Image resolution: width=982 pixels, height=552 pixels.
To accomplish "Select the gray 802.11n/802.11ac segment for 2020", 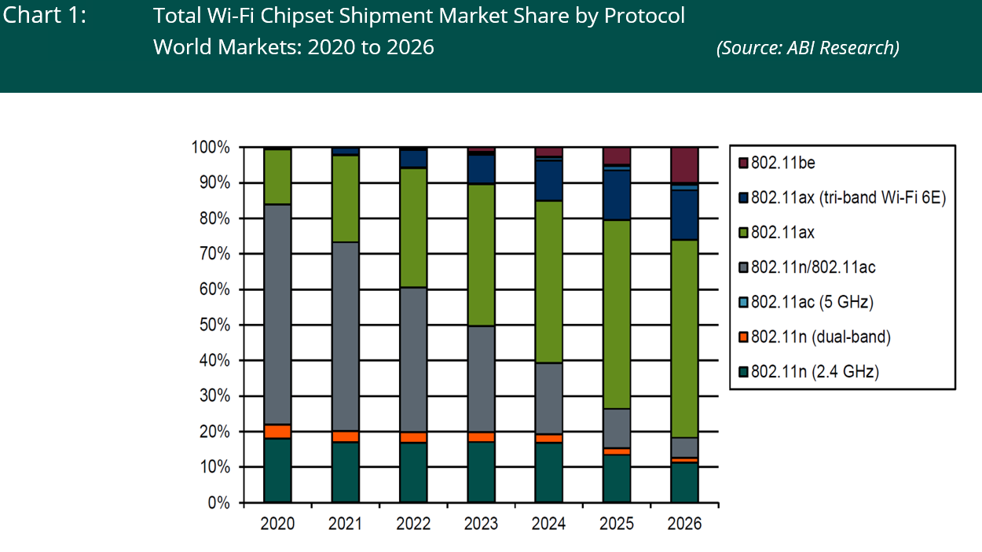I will click(x=277, y=314).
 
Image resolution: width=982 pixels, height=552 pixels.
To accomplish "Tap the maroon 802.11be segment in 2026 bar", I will click(x=684, y=164).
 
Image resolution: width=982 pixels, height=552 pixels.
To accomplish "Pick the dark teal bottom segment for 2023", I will click(x=481, y=472).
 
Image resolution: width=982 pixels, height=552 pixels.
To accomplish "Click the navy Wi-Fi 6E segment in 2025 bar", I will click(x=617, y=195).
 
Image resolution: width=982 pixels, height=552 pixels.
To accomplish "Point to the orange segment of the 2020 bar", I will click(x=277, y=431).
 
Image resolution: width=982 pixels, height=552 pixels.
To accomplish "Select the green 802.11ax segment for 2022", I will click(x=413, y=227).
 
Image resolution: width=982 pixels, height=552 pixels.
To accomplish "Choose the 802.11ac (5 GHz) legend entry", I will click(x=812, y=302).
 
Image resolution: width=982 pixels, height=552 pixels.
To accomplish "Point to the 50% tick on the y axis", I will click(x=213, y=325).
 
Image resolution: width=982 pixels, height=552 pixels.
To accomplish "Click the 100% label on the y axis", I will click(x=210, y=148).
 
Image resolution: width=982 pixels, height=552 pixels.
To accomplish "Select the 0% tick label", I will click(x=217, y=503).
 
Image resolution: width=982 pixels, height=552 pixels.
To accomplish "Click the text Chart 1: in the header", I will click(x=45, y=16).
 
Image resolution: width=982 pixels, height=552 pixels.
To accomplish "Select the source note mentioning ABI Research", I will click(x=808, y=47).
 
